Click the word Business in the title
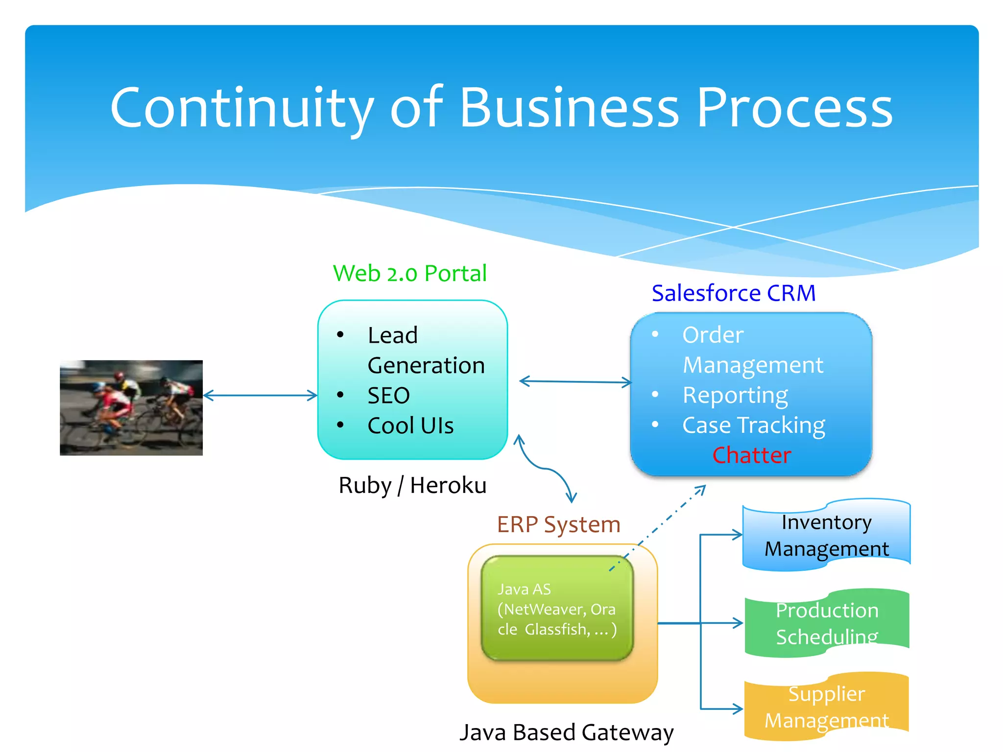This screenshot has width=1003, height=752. pos(569,108)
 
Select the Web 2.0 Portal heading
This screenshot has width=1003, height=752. pos(409,273)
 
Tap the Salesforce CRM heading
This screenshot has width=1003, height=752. pos(733,293)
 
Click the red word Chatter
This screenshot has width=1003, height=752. pos(751,455)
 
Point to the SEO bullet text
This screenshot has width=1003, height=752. pos(388,396)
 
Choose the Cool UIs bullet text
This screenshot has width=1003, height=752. pos(410,425)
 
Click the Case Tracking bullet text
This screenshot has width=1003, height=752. pos(753,425)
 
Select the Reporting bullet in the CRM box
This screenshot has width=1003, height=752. pos(735,395)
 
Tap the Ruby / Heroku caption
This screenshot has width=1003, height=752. pos(412,486)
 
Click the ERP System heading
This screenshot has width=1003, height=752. pos(558,524)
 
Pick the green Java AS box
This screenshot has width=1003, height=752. pos(557,609)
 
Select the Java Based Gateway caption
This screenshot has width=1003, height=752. pos(566,732)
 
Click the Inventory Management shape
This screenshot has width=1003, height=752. pos(826,536)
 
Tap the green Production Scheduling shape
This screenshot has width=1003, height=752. pos(827,623)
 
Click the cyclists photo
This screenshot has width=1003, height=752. pos(131,408)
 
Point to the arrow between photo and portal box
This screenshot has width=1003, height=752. pos(260,396)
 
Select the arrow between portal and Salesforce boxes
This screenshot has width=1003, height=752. pos(575,382)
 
